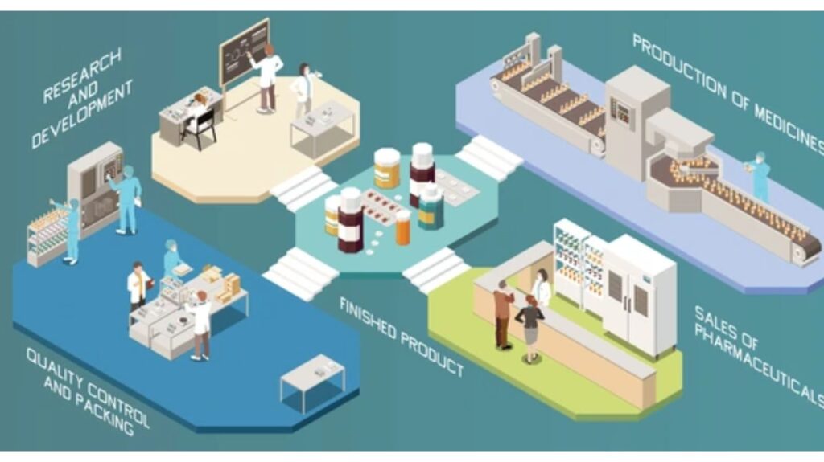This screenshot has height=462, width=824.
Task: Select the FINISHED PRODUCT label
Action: [x=402, y=337]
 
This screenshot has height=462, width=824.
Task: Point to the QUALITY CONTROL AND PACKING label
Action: [x=87, y=391]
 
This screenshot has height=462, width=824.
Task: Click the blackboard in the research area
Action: [x=245, y=51]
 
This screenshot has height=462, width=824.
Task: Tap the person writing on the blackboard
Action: [x=266, y=78]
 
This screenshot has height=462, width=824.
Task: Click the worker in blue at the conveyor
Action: [x=758, y=177]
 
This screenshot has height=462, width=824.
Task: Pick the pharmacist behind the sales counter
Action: [x=542, y=288]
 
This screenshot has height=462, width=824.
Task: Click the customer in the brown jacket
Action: [x=503, y=314]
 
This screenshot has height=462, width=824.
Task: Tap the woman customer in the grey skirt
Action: [x=530, y=329]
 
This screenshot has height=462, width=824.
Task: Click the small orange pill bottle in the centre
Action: [x=402, y=228]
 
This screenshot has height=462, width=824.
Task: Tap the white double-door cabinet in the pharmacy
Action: [x=638, y=294]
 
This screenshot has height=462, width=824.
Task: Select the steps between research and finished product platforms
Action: [x=303, y=187]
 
